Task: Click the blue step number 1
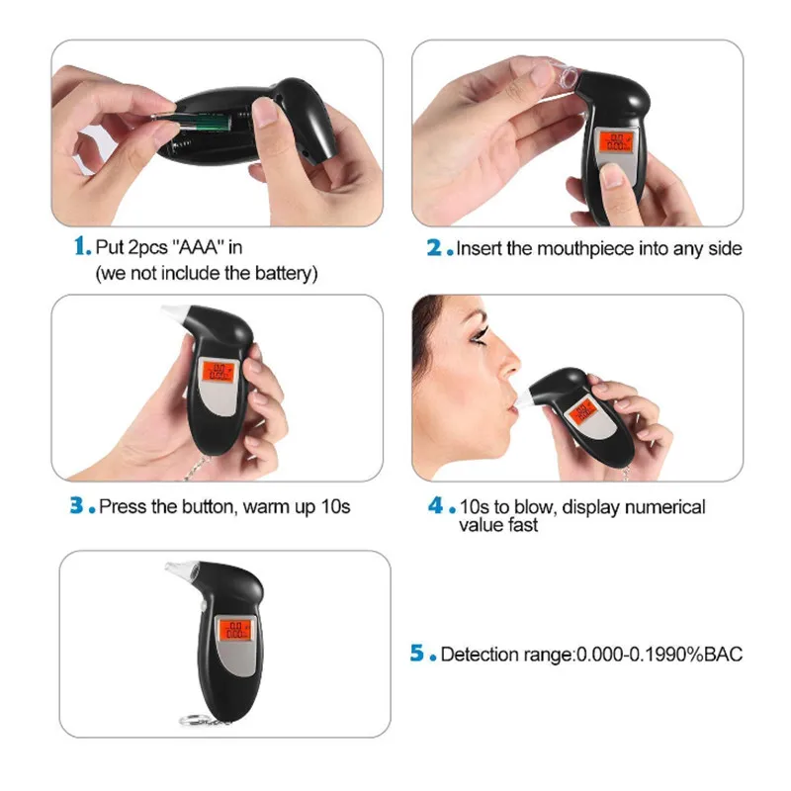80,246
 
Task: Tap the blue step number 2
434,248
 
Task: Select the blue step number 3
77,505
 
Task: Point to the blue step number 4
436,505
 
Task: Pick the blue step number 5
417,653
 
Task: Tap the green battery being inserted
200,122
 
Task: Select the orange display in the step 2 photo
615,141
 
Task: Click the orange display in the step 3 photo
218,372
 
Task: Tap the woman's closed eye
479,337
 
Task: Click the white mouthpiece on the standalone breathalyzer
183,570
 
